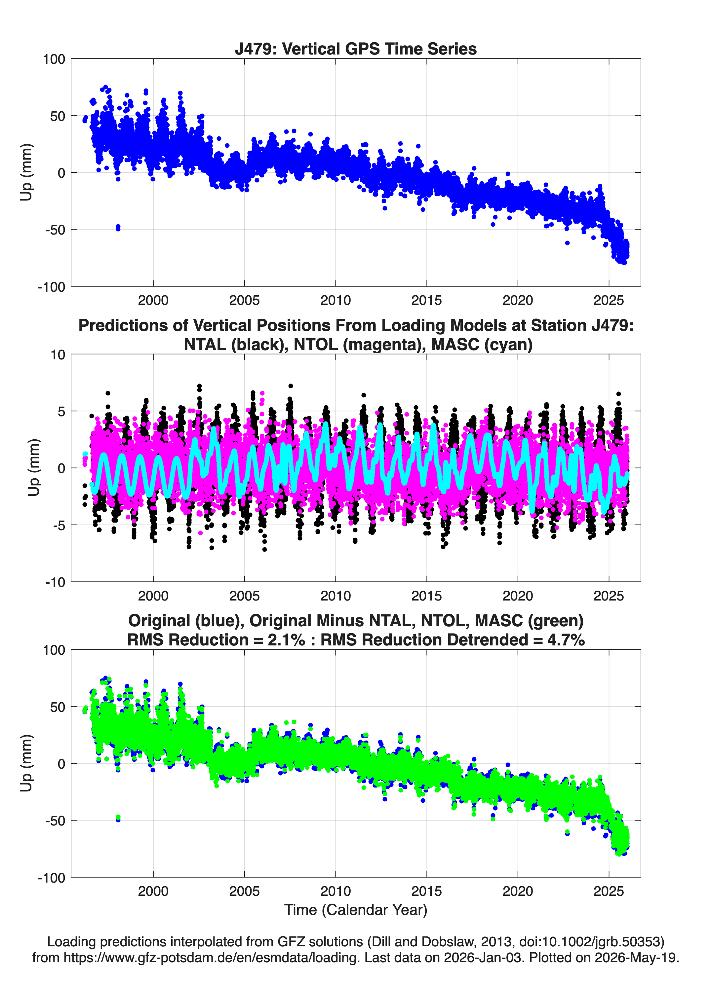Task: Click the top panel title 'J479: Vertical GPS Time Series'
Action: (x=356, y=49)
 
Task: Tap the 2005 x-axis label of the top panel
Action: (x=244, y=300)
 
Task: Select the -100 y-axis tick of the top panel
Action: (x=51, y=287)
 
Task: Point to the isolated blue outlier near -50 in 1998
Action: (x=118, y=228)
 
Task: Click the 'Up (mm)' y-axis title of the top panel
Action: (x=26, y=172)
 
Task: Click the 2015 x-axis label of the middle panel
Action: (x=426, y=596)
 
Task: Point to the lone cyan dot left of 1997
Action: (x=85, y=454)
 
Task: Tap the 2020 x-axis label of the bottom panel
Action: (x=518, y=892)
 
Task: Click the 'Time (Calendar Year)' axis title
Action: (x=356, y=910)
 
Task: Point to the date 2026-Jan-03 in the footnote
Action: (x=483, y=957)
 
